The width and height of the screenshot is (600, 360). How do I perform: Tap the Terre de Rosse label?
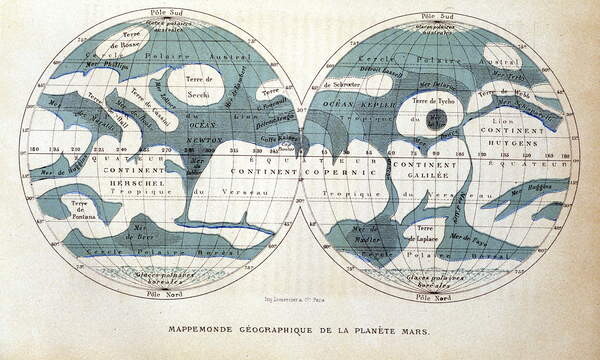point(133,43)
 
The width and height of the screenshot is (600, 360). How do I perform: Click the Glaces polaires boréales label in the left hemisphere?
point(164,276)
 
